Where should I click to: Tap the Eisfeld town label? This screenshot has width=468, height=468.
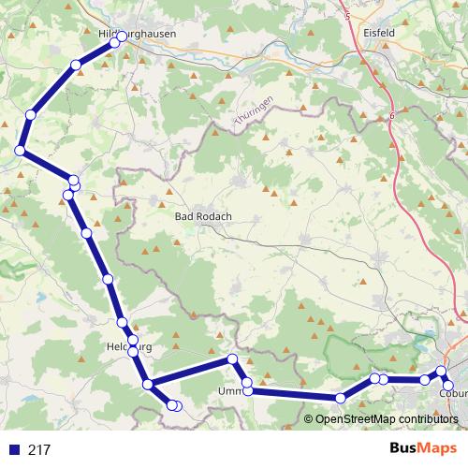378,32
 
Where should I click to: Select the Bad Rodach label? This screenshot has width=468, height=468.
203,216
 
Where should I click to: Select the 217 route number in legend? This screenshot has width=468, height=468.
39,449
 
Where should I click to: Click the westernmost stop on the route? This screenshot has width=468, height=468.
19,151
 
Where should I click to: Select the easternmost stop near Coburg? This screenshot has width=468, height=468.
447,385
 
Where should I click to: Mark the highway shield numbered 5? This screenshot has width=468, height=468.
347,16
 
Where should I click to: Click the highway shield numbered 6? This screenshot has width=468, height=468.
392,114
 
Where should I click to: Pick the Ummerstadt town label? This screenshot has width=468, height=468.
230,391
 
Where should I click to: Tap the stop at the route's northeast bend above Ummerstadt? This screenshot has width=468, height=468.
232,360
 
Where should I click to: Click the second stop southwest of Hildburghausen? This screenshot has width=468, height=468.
30,114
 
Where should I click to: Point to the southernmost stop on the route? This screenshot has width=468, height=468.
174,405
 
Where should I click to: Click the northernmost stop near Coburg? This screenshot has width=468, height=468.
442,372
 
